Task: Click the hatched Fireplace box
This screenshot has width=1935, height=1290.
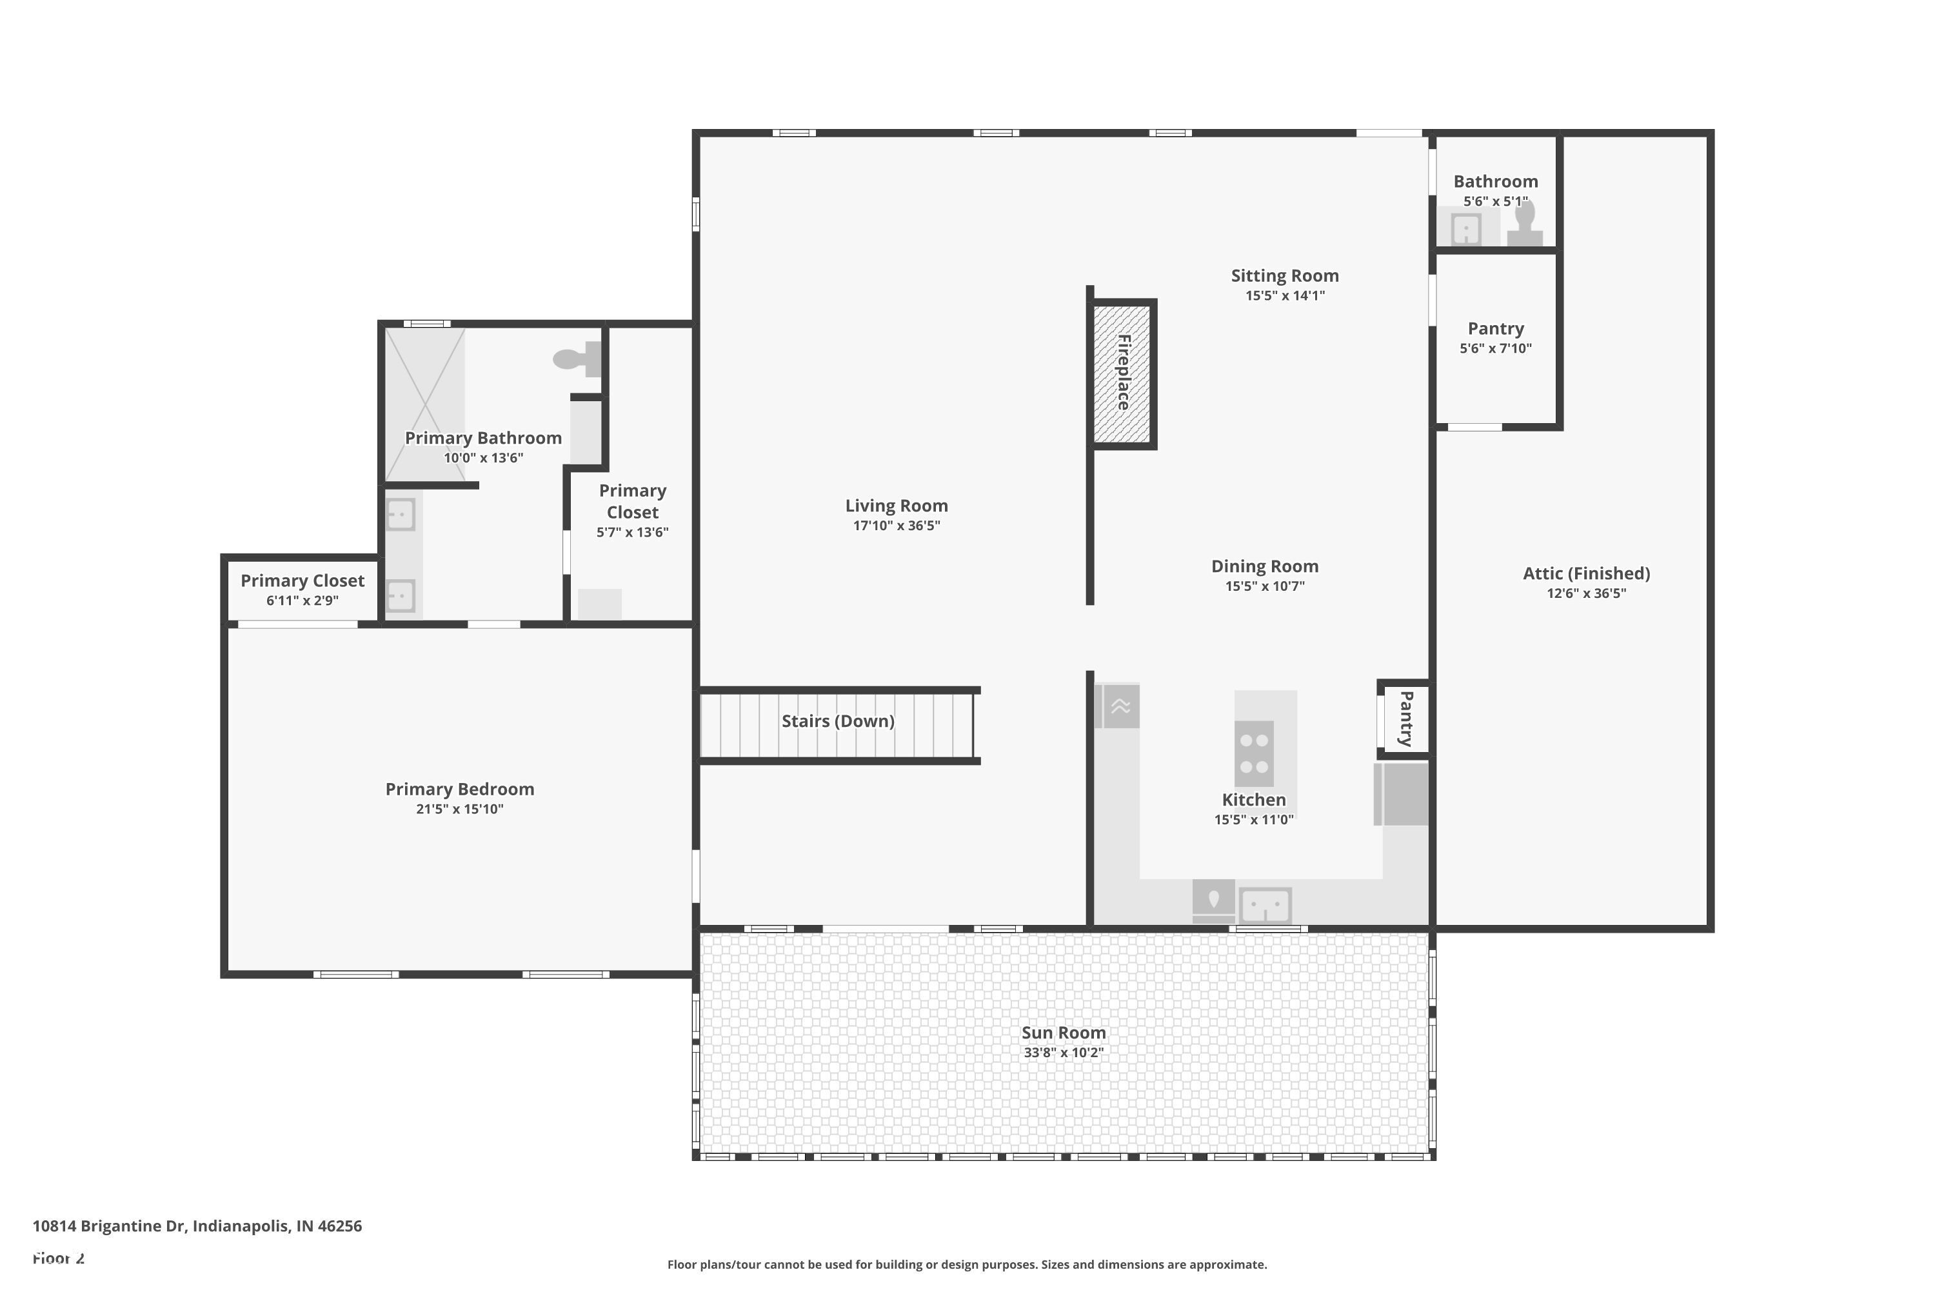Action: (x=1122, y=373)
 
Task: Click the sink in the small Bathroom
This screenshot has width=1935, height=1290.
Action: (x=1466, y=229)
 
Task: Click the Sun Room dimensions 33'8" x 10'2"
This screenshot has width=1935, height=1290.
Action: (x=1063, y=1052)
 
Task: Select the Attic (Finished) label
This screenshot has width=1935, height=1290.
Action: (x=1585, y=573)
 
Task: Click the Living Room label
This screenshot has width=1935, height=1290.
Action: (x=896, y=506)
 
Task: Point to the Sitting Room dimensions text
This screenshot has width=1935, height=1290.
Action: (x=1284, y=295)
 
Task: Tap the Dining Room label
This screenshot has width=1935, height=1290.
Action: (x=1264, y=566)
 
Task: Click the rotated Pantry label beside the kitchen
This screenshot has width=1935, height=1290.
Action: (x=1406, y=719)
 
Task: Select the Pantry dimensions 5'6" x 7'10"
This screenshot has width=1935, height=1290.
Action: (x=1495, y=348)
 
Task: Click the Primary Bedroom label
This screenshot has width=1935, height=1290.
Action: (x=459, y=789)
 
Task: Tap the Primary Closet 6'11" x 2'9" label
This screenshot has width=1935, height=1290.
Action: (x=302, y=581)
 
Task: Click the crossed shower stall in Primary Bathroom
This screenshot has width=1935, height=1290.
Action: (x=425, y=403)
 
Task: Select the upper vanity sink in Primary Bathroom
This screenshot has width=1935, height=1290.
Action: (x=400, y=515)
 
